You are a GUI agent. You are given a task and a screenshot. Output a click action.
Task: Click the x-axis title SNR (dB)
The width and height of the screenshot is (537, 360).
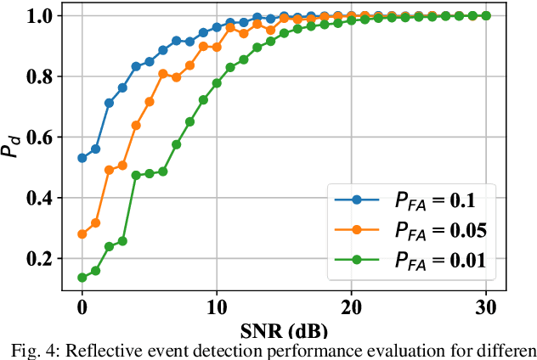283,328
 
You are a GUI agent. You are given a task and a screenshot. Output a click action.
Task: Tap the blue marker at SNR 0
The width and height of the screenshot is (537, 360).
82,158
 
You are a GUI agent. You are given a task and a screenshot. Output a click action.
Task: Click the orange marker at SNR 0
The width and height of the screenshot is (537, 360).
82,234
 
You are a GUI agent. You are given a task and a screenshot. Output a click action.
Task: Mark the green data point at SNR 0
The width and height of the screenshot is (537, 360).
82,278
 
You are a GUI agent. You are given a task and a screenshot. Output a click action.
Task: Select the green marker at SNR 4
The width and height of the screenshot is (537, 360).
136,175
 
